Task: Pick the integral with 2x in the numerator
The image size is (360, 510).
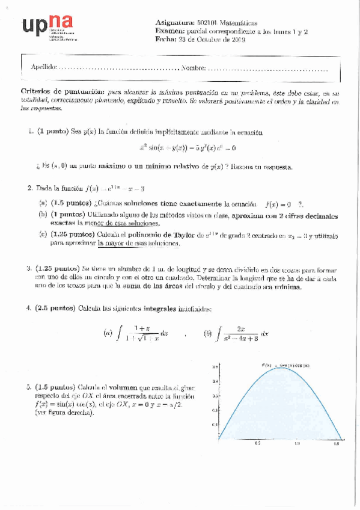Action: tap(239, 333)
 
